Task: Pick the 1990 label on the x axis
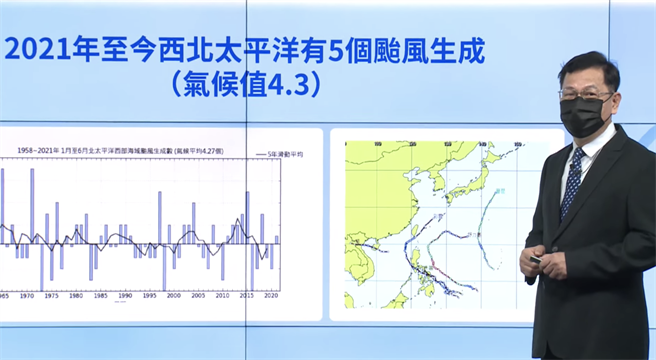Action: pyautogui.click(x=123, y=297)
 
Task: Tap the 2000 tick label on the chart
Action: pyautogui.click(x=173, y=297)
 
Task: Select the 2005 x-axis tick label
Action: pyautogui.click(x=198, y=297)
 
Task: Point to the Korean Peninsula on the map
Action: pyautogui.click(x=437, y=177)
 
